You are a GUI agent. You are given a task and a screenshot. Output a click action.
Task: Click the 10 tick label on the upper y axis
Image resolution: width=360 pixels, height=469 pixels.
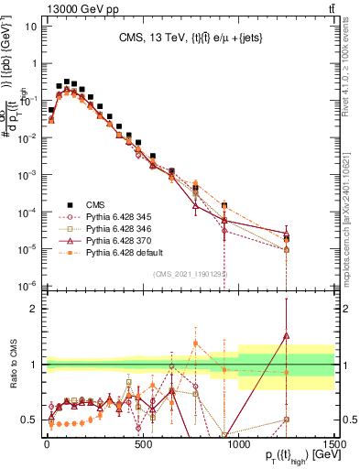(31, 25)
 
